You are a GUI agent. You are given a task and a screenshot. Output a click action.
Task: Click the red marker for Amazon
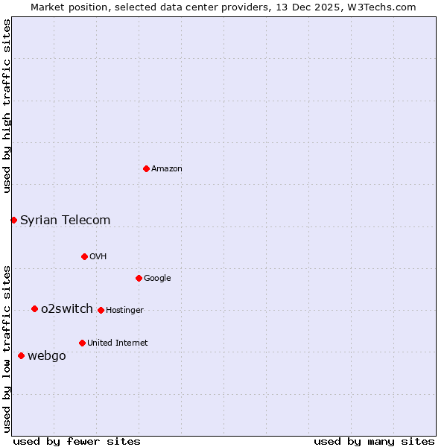tap(146, 168)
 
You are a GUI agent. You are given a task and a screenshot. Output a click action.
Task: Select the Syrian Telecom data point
tap(13, 220)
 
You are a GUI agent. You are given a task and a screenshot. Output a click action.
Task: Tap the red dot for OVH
tap(84, 256)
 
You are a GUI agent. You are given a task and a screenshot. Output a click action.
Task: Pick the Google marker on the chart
tap(139, 278)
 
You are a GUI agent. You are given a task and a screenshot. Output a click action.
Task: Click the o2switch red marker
tap(34, 308)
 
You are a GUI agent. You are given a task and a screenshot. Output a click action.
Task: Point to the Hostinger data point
tap(101, 310)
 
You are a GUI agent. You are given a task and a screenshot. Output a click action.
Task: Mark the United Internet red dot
tap(82, 343)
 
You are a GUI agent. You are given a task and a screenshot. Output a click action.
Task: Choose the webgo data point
tap(21, 355)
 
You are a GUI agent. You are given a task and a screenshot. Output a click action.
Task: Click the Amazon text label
tap(167, 169)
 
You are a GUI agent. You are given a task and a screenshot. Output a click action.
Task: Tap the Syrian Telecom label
tap(65, 220)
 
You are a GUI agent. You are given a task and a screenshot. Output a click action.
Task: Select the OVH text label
tap(98, 257)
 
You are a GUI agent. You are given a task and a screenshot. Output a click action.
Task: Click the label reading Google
tap(157, 279)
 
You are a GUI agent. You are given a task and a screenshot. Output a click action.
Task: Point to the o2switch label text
tap(67, 308)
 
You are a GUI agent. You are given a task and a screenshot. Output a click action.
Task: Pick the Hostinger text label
tap(124, 311)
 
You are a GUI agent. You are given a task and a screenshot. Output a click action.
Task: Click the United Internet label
tap(117, 343)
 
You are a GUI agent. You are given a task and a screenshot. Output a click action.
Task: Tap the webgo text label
tap(47, 356)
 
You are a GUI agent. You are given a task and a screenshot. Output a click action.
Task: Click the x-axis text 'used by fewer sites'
tap(77, 441)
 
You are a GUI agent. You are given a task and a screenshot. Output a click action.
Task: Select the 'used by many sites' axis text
tap(374, 441)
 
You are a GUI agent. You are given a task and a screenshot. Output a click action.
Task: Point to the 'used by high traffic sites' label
tap(7, 106)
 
